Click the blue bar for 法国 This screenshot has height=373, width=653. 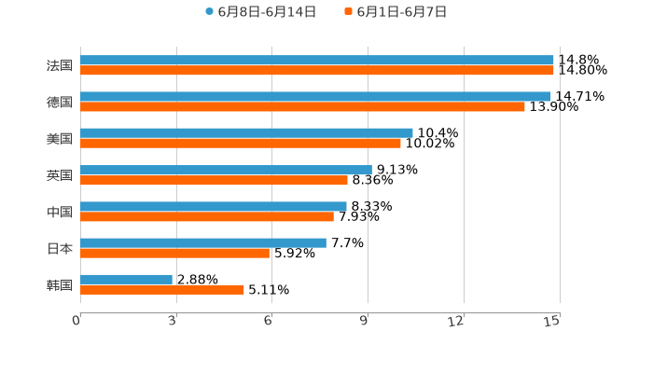[x=317, y=60]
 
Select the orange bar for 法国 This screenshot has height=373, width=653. [x=317, y=70]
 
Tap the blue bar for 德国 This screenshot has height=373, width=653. [x=315, y=96]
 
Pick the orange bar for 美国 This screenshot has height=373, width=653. [x=241, y=143]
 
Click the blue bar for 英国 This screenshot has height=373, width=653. [x=226, y=170]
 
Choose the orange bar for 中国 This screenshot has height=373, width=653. [x=207, y=216]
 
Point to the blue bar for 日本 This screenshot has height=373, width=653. [x=203, y=242]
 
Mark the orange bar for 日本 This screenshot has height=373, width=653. [x=174, y=253]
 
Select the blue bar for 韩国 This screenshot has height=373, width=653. [x=126, y=279]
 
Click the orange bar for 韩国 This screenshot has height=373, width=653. [x=162, y=289]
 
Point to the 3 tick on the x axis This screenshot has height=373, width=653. [x=173, y=321]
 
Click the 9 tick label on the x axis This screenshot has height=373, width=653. [x=365, y=321]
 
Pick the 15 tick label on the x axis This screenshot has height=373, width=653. [x=552, y=321]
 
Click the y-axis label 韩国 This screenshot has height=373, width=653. [x=60, y=284]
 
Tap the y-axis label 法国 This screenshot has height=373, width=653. [x=60, y=65]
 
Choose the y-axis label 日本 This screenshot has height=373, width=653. [x=60, y=248]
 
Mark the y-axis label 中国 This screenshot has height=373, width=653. [x=60, y=212]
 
